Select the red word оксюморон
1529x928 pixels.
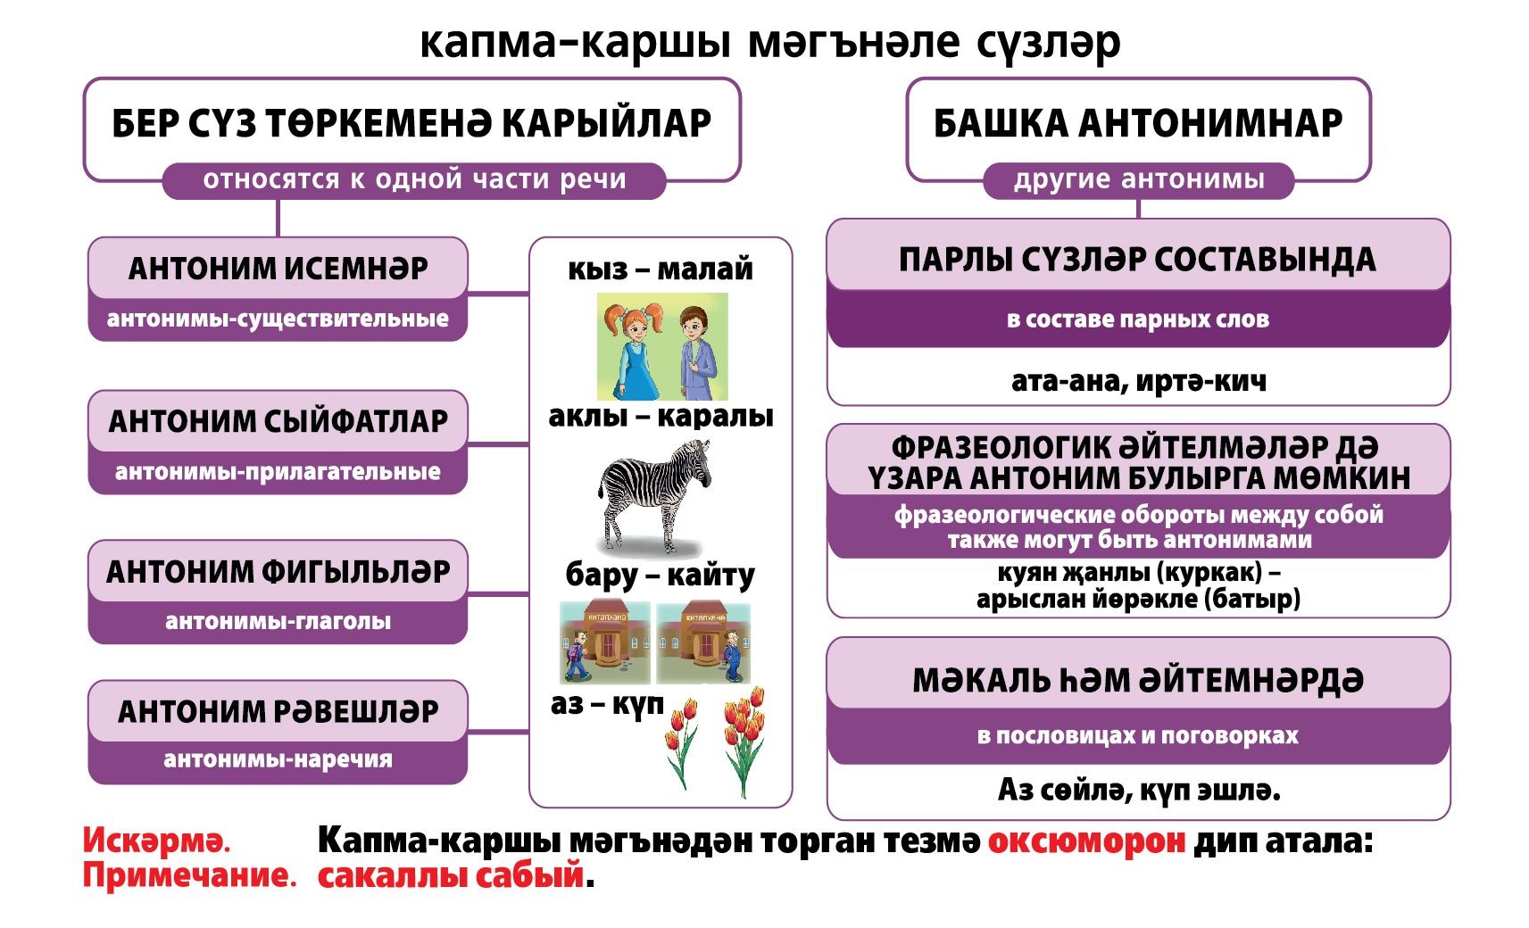point(1086,841)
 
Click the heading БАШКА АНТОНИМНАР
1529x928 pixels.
point(1138,123)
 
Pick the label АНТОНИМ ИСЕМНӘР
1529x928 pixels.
point(278,269)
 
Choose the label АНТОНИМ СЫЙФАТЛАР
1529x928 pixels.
point(278,421)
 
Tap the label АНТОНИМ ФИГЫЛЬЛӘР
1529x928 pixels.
point(278,572)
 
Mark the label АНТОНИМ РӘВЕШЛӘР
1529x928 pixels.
point(278,712)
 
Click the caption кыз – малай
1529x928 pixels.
point(660,269)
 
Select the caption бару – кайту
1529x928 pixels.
point(660,576)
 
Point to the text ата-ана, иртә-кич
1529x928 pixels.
point(1139,381)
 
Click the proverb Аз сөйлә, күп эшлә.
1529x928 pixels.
point(1139,791)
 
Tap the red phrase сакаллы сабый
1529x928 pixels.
point(451,875)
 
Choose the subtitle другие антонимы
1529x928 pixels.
point(1139,179)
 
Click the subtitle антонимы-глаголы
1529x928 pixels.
point(278,621)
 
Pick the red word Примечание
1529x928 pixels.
point(190,876)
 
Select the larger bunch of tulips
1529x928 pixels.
point(744,741)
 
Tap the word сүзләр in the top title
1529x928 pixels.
point(1048,42)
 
